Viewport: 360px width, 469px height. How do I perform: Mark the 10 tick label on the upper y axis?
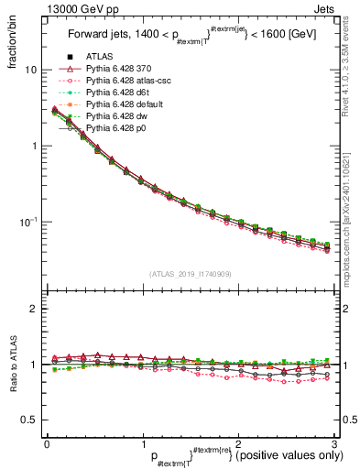[x=31, y=71]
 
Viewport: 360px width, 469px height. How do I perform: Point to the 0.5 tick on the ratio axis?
[x=27, y=420]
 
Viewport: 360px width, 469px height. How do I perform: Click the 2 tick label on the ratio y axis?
[x=33, y=310]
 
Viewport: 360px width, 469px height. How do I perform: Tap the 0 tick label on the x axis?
[x=47, y=444]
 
